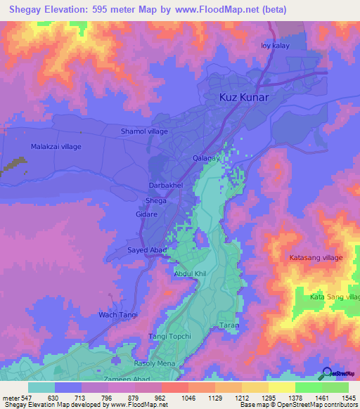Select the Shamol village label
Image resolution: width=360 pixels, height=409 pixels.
pyautogui.click(x=144, y=131)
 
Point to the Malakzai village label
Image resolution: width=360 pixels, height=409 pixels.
pyautogui.click(x=56, y=146)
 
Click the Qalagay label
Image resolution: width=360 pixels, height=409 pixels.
pyautogui.click(x=207, y=158)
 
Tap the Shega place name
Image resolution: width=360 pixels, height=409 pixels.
pyautogui.click(x=155, y=200)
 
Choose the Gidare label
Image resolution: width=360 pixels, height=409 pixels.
pyautogui.click(x=146, y=214)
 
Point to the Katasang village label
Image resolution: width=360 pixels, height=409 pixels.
pyautogui.click(x=316, y=258)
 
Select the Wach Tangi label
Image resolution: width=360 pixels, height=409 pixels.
pyautogui.click(x=117, y=314)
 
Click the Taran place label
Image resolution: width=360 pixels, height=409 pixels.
pyautogui.click(x=230, y=325)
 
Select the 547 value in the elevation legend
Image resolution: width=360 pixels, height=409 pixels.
pyautogui.click(x=27, y=398)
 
